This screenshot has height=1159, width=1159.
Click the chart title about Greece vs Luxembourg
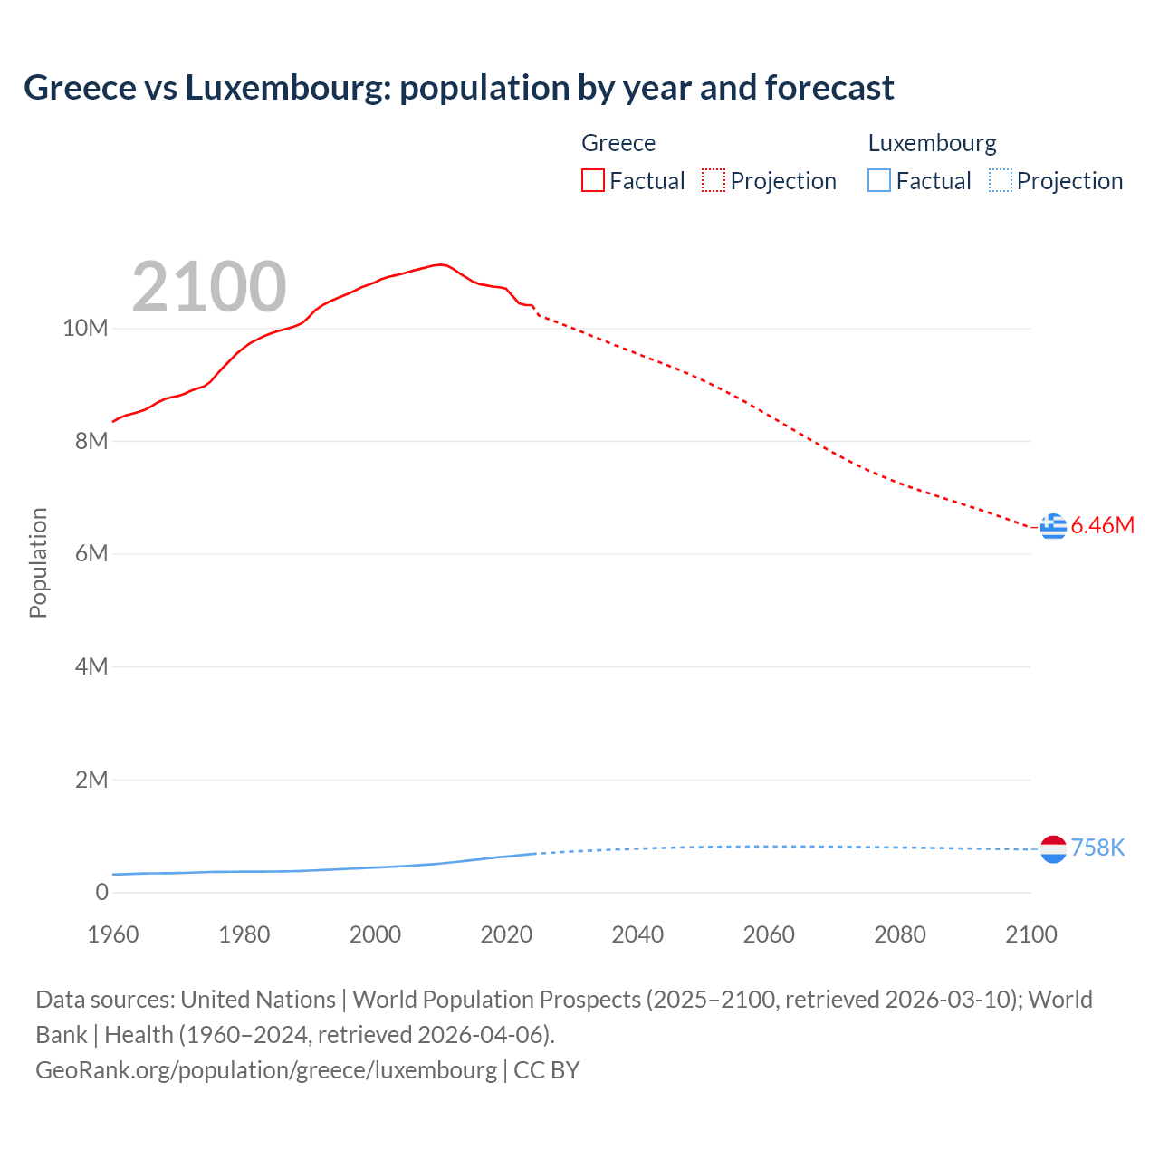click(x=458, y=88)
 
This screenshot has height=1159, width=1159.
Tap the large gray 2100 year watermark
click(x=209, y=287)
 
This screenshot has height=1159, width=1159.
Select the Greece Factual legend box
click(x=592, y=181)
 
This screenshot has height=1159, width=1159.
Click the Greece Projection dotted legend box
click(x=714, y=181)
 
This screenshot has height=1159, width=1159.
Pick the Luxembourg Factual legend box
click(x=878, y=181)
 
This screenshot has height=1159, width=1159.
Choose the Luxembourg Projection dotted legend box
click(x=1000, y=181)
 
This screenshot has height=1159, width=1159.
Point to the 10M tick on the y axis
click(x=85, y=328)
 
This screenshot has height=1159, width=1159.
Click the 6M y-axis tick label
click(x=91, y=553)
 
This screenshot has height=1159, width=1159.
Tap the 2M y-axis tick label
click(x=91, y=780)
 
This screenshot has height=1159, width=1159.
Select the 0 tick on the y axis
click(x=101, y=892)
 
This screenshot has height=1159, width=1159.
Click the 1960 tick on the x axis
click(x=113, y=934)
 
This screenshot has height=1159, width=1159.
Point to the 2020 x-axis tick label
click(x=506, y=934)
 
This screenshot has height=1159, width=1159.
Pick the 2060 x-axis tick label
click(x=769, y=934)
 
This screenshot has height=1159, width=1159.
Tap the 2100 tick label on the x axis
click(x=1030, y=934)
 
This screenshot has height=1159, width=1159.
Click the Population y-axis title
click(x=38, y=562)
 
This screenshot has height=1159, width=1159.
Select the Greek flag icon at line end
click(x=1053, y=526)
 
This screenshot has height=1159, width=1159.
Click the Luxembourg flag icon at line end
click(x=1053, y=848)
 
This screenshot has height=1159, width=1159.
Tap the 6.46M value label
click(x=1102, y=526)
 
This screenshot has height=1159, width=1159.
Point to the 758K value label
click(x=1097, y=848)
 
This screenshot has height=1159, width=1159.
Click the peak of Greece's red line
click(x=440, y=264)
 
